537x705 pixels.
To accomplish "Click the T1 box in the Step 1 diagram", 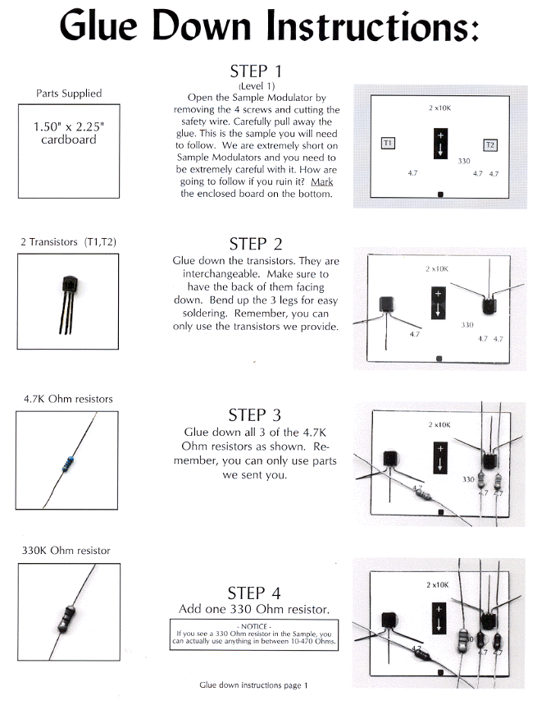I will tap(389, 143).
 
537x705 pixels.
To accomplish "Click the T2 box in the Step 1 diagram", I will tap(490, 144).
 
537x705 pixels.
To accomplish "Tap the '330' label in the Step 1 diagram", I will tap(464, 162).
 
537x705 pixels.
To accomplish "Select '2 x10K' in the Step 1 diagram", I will tap(440, 108).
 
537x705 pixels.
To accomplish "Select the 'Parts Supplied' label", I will tap(68, 94).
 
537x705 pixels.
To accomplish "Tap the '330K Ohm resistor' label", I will tap(66, 550).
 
